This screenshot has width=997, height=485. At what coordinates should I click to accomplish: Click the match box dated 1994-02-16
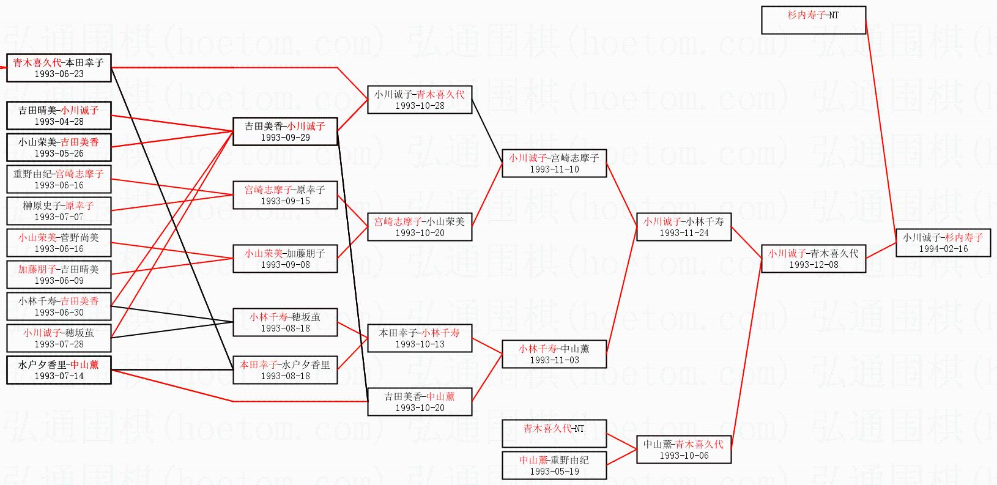pos(943,243)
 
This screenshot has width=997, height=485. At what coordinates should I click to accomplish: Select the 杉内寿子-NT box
pos(814,20)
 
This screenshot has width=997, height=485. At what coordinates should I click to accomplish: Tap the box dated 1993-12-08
pos(814,259)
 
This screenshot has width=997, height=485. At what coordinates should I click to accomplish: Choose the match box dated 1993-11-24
pos(684,227)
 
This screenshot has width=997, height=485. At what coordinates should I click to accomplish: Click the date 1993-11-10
pos(554,169)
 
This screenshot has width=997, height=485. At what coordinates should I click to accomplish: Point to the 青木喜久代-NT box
pos(554,434)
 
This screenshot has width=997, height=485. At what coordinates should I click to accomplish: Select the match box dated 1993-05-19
pos(554,465)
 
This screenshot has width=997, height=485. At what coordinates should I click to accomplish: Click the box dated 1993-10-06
pos(684,450)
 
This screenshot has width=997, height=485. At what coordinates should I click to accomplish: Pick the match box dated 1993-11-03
pos(554,354)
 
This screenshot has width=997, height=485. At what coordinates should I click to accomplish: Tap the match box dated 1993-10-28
pos(420,100)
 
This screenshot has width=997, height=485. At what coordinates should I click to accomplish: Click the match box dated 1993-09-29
pos(285,131)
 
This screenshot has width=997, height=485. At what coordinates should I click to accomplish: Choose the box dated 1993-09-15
pos(285,195)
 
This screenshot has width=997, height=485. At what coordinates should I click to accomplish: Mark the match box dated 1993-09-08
pos(285,259)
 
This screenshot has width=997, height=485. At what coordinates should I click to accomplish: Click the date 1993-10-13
pos(420,344)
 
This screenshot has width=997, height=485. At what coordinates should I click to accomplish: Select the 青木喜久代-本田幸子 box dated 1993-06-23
pos(59,68)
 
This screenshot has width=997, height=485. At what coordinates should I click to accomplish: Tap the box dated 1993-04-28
pos(59,115)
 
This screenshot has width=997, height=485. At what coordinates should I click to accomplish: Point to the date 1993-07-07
pos(59,217)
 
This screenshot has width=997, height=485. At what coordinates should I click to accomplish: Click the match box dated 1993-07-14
pos(59,370)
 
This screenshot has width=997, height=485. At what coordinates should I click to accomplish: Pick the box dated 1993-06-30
pos(59,306)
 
